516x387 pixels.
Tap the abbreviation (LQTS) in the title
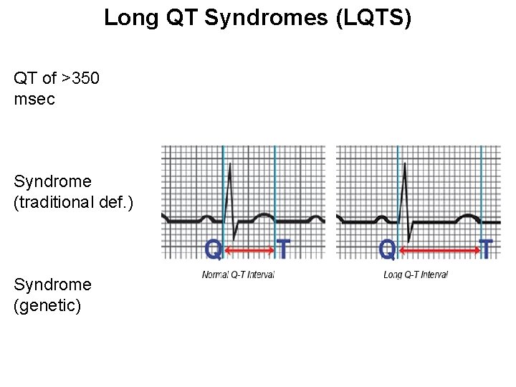[373, 18]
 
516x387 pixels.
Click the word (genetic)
[47, 305]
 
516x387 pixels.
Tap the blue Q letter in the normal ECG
[214, 249]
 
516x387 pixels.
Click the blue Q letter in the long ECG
[388, 249]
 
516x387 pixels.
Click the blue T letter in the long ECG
[487, 249]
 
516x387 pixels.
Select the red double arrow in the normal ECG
[249, 249]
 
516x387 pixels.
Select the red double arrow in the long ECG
[439, 249]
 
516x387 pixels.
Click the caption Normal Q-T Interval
[238, 274]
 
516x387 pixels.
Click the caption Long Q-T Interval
[416, 274]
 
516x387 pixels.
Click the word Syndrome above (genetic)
[52, 285]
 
